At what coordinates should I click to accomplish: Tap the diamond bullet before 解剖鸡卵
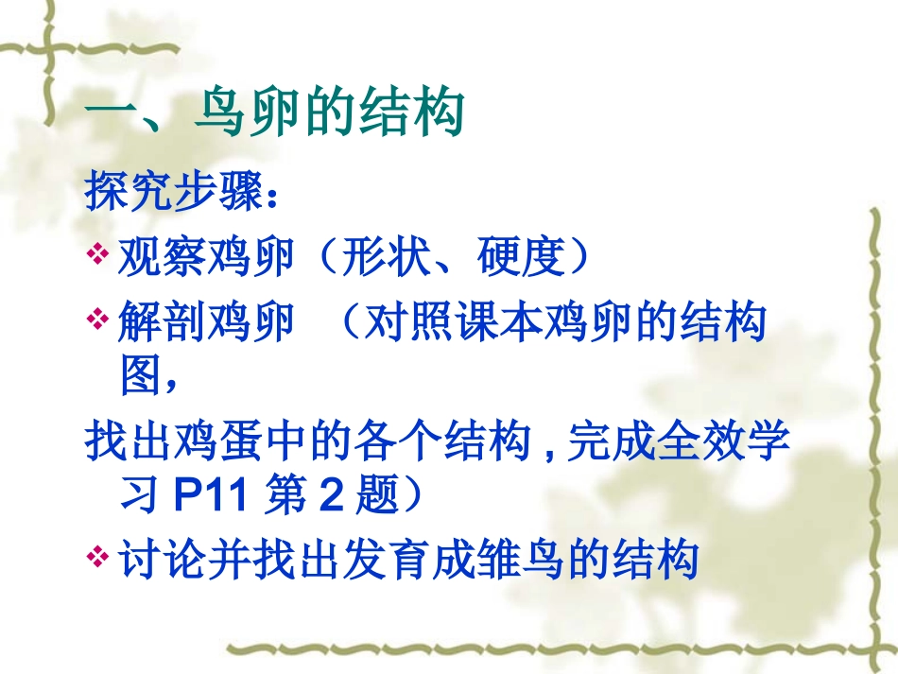click(98, 320)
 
